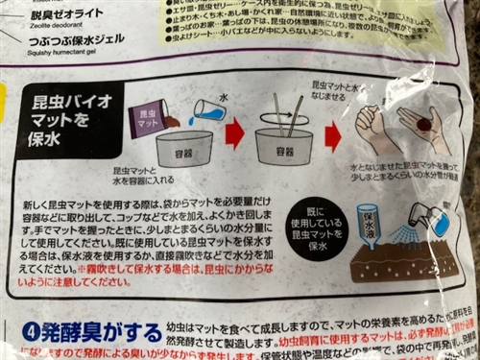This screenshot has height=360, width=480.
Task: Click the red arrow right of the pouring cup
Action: (235, 133)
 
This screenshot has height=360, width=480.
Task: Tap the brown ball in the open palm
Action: (423, 124)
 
